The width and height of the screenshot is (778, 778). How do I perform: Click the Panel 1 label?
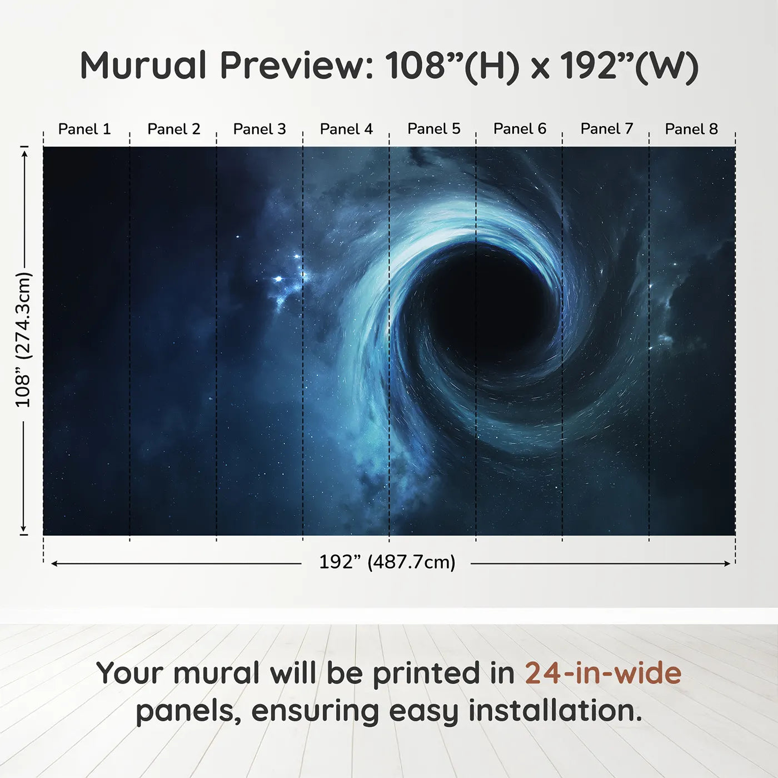click(x=84, y=129)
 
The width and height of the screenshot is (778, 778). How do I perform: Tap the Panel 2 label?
click(x=173, y=129)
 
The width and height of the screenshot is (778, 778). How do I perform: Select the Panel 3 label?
click(x=260, y=129)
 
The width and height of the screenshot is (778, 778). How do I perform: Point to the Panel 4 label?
click(x=346, y=129)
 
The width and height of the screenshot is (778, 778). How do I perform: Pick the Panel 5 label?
click(x=434, y=129)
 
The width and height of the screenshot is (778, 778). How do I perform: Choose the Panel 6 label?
click(x=520, y=129)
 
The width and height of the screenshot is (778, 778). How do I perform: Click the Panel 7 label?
click(x=607, y=129)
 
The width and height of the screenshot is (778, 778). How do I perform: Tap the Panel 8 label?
click(x=692, y=129)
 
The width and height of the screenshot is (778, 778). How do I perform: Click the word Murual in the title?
click(x=143, y=65)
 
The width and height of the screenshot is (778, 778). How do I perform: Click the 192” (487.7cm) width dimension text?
click(x=387, y=562)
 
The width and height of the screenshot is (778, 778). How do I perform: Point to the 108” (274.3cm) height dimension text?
click(x=23, y=340)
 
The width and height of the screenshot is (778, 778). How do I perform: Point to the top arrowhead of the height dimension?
click(x=24, y=154)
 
